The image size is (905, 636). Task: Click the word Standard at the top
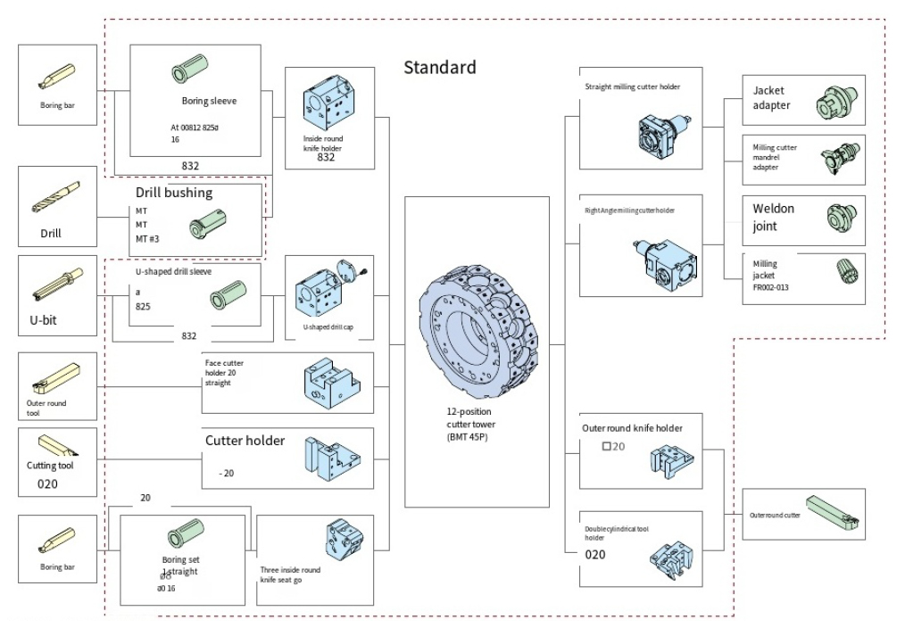pos(439,67)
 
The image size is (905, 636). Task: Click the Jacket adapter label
pos(771,98)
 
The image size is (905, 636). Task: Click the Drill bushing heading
pos(174,192)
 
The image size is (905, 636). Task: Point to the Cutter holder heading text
pos(245,440)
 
